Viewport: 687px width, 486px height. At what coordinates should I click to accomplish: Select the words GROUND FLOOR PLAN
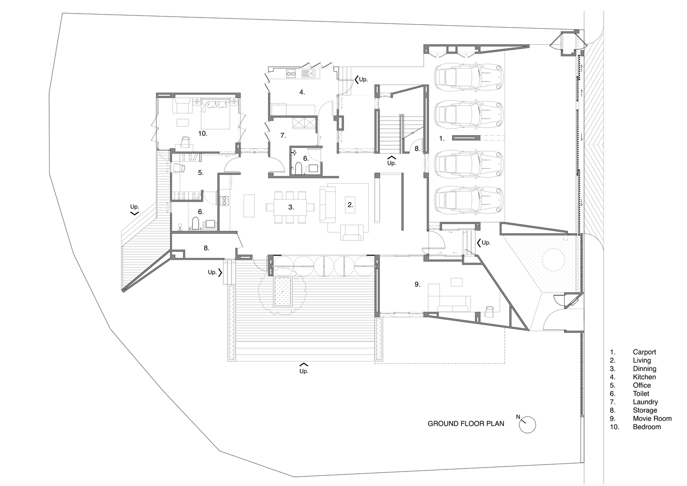(x=465, y=424)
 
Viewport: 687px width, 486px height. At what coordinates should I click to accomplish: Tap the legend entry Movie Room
(x=652, y=418)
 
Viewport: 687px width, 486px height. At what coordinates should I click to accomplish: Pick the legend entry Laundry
(x=645, y=402)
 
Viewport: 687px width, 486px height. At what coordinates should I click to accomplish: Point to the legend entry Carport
(x=644, y=352)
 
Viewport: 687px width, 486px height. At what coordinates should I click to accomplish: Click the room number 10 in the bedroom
(x=203, y=133)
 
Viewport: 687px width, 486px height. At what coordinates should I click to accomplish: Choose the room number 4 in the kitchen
(x=302, y=92)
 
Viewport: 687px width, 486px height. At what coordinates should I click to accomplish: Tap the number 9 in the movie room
(x=417, y=284)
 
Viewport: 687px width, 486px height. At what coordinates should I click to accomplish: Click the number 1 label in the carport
(x=442, y=139)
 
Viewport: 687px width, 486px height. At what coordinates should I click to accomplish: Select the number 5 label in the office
(x=200, y=173)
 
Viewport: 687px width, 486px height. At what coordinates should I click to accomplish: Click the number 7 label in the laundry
(x=283, y=136)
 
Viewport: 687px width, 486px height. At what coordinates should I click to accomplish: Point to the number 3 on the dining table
(x=291, y=207)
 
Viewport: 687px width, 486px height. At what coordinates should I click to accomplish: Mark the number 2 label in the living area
(x=350, y=205)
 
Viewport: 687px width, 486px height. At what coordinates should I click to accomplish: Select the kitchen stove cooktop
(x=292, y=74)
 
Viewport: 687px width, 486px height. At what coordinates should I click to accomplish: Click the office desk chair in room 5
(x=179, y=168)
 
